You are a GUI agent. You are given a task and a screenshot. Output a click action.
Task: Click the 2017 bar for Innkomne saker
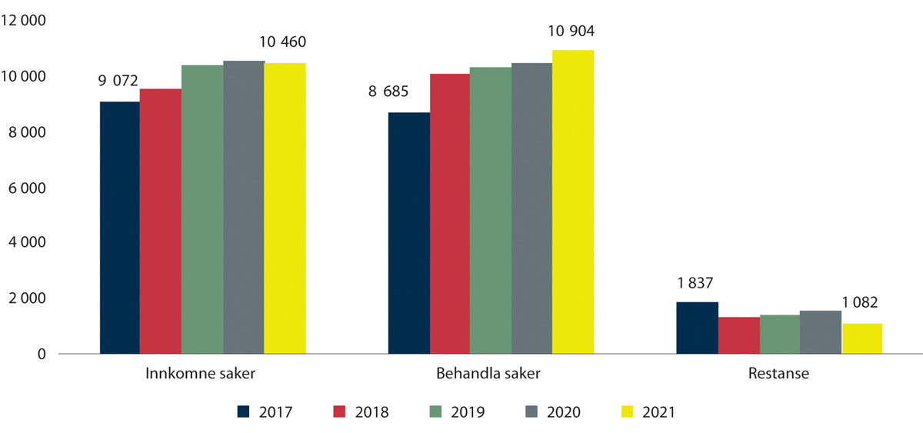(x=119, y=228)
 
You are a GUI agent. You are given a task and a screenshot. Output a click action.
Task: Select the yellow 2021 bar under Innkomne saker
(x=285, y=208)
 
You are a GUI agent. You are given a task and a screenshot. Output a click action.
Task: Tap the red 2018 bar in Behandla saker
(x=450, y=214)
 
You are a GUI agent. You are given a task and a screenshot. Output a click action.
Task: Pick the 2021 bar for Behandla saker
(x=573, y=202)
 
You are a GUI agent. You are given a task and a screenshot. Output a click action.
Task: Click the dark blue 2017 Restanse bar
(x=697, y=328)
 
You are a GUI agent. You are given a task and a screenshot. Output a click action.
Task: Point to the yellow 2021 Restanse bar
(x=862, y=338)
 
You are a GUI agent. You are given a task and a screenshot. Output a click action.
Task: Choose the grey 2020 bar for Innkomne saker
(x=244, y=208)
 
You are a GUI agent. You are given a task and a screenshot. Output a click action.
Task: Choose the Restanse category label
(x=778, y=375)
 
